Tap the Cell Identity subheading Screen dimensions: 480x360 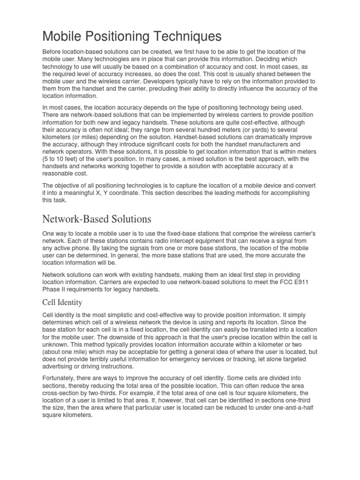tap(62, 303)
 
